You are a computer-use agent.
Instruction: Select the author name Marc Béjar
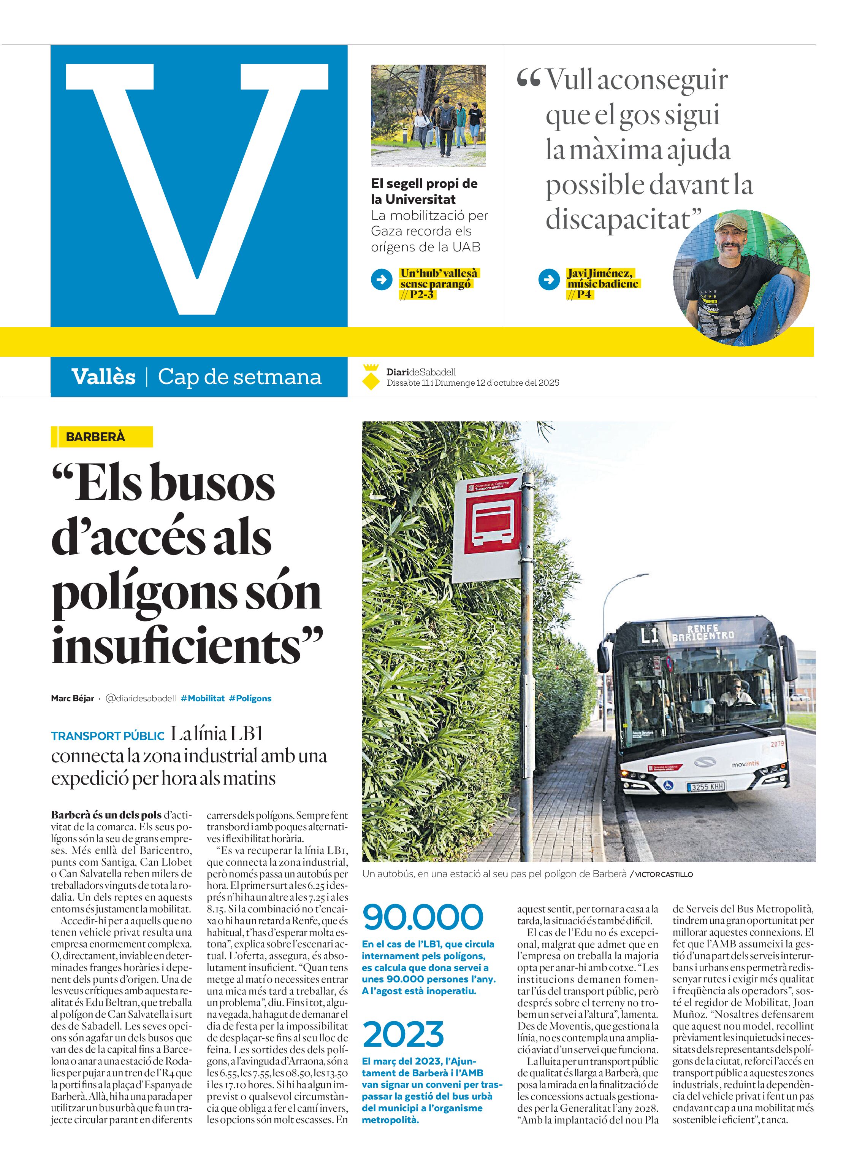[x=72, y=699]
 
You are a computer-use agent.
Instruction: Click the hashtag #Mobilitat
[x=202, y=699]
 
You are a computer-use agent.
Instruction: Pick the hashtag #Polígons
[x=250, y=699]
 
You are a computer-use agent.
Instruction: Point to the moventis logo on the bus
[x=745, y=764]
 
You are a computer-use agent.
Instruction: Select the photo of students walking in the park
[x=428, y=115]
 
